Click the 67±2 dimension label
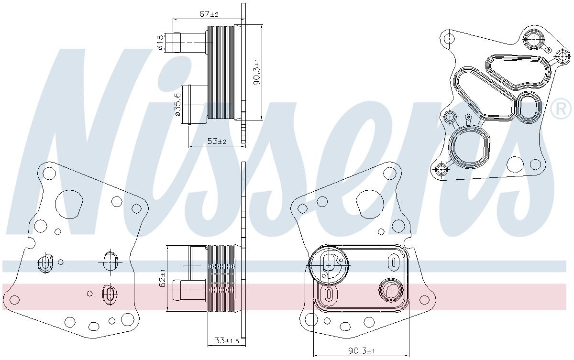coord(209,14)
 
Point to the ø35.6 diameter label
coord(178,105)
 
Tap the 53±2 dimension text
coord(217,142)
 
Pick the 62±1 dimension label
coord(163,278)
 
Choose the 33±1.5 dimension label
coord(226,341)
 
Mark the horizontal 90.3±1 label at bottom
coord(361,351)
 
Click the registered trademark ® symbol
coord(560,109)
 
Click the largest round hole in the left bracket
coord(69,204)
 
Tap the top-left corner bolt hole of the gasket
coord(448,38)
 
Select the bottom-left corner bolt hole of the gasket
coord(442,169)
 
